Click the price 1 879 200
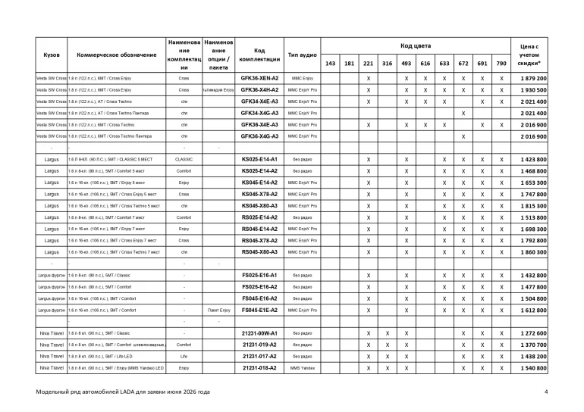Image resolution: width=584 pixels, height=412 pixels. coord(539,78)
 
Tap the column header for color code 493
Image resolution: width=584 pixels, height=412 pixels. coord(407,64)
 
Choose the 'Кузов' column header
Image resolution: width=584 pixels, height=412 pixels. coord(52,55)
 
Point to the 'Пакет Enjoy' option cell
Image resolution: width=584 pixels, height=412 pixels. coord(218,311)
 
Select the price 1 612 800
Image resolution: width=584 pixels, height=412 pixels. coord(539,311)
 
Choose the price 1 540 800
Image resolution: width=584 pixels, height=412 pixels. coord(539,367)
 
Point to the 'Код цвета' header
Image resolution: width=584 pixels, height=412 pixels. coord(415,45)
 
